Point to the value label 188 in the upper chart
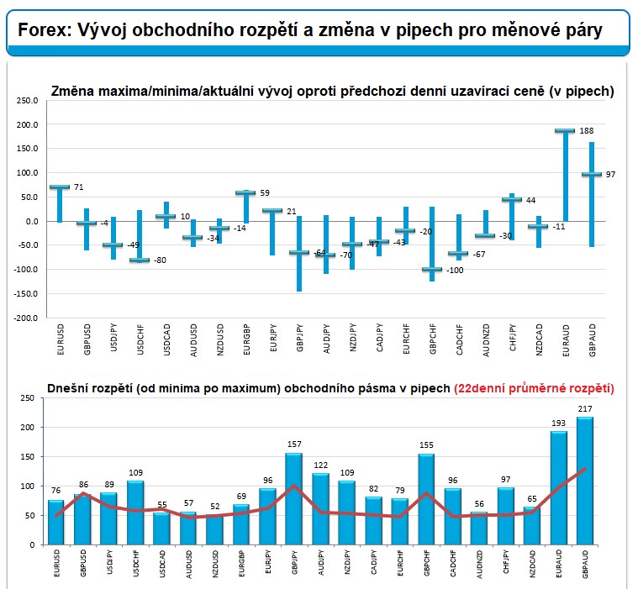(x=586, y=130)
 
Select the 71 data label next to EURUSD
(x=78, y=187)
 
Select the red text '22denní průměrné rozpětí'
(x=534, y=388)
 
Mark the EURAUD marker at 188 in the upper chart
(x=564, y=131)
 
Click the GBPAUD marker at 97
(x=591, y=175)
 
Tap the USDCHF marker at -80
(x=140, y=260)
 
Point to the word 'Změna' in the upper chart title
(x=72, y=91)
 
